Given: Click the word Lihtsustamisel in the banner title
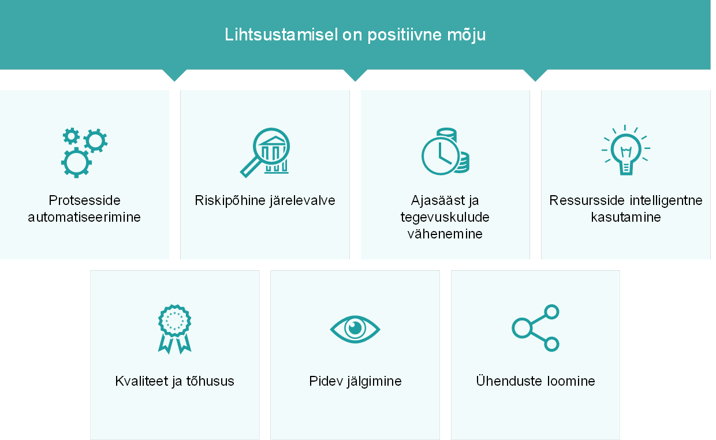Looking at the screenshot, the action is tap(281, 34).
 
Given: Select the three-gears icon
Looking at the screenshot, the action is tap(84, 153).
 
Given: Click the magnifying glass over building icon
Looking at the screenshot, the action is tap(265, 152).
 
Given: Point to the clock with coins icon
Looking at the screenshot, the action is tap(445, 151).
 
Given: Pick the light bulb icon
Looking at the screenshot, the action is tap(625, 150).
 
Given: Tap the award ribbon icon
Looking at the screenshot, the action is tap(174, 329).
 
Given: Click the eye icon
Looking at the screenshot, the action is tap(355, 329).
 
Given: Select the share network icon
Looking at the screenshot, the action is tap(536, 328).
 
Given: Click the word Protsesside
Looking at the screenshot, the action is tap(84, 200).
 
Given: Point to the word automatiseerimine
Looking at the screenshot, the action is tap(84, 217).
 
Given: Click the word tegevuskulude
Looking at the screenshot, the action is tap(445, 218).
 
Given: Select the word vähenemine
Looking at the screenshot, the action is tap(445, 234).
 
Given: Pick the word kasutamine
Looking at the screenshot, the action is tap(626, 217).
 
